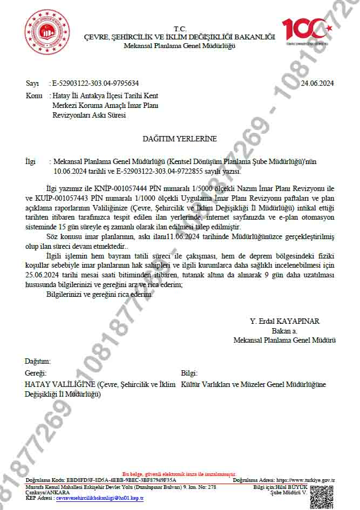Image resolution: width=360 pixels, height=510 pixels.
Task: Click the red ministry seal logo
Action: (x=47, y=31)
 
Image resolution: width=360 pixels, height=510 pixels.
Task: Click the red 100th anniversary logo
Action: (x=305, y=31)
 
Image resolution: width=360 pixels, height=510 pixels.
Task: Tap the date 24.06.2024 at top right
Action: (x=317, y=83)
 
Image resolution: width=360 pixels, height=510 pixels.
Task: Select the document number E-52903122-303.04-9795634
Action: (x=95, y=83)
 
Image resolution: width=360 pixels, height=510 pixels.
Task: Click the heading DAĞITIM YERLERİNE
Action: (x=179, y=139)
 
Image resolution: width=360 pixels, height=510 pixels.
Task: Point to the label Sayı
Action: (x=32, y=83)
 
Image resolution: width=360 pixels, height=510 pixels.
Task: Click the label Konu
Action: (x=34, y=96)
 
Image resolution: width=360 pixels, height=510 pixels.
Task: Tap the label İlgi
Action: (x=30, y=161)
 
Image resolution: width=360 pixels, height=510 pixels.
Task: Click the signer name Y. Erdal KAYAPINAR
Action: (x=284, y=321)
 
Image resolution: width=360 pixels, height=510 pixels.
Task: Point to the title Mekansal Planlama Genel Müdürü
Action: (x=284, y=341)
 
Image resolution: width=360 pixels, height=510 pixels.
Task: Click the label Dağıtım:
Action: (x=38, y=361)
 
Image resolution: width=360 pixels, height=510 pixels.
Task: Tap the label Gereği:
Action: (x=36, y=373)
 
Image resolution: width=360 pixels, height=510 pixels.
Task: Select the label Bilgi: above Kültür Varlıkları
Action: (x=189, y=373)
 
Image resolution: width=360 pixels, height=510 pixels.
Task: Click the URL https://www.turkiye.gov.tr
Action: (x=305, y=480)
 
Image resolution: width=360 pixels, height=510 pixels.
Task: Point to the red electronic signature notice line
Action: (x=179, y=473)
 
